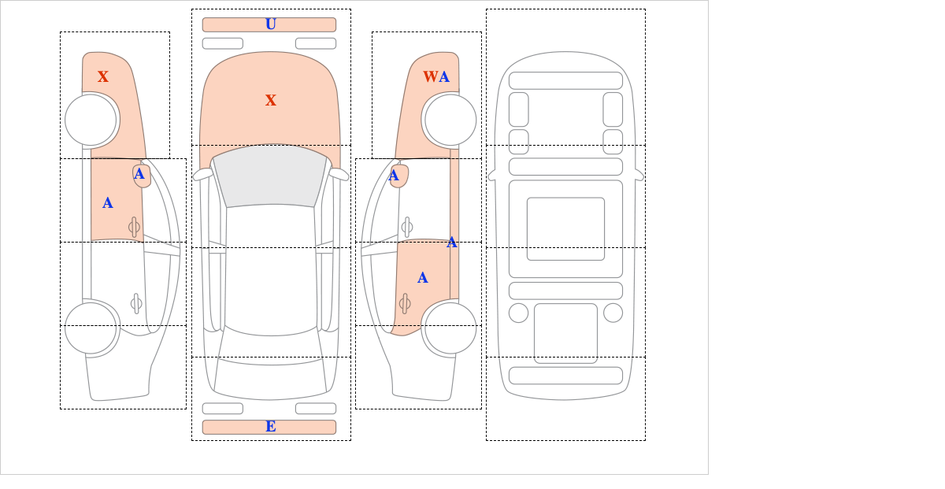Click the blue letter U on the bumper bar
tap(271, 24)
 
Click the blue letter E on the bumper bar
tap(271, 427)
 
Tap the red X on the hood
tap(271, 100)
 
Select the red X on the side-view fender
tap(103, 76)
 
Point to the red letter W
tap(431, 76)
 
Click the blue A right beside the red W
tap(444, 77)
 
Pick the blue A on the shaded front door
tap(108, 203)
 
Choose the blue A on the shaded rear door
tap(423, 278)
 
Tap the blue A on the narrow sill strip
tap(452, 243)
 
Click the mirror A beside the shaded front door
tap(139, 174)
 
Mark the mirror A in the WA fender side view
tap(394, 175)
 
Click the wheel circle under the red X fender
tap(91, 120)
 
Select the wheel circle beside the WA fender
tap(450, 120)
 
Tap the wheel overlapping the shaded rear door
tap(450, 328)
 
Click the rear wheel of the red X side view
tap(91, 328)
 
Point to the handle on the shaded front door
tap(134, 228)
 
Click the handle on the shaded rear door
tap(405, 303)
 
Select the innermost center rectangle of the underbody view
tap(565, 228)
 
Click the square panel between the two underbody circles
tap(565, 333)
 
